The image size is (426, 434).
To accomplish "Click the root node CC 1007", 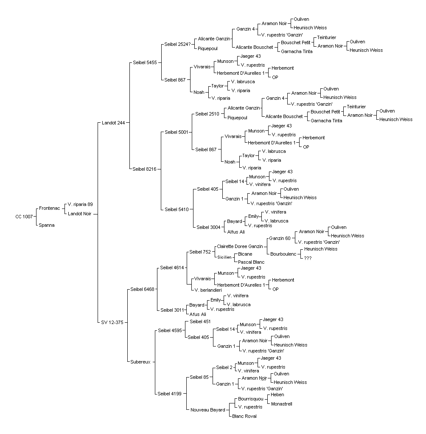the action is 24,217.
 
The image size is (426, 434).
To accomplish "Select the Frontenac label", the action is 50,208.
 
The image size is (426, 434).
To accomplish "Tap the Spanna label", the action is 47,225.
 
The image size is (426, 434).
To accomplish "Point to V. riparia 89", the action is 80,204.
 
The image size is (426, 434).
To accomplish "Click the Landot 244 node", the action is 113,123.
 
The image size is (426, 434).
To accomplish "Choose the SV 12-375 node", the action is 112,322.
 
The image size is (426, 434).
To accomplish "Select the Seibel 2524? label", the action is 178,44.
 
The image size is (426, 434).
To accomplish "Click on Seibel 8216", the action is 144,169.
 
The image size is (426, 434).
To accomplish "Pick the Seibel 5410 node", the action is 177,209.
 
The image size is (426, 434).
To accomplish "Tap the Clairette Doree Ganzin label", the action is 240,246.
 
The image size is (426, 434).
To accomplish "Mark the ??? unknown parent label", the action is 308,258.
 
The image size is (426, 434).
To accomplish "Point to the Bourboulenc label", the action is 283,254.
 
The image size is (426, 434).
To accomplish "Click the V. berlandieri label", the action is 208,290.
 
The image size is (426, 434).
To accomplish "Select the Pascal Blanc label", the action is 251,262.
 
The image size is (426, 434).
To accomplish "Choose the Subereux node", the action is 140,362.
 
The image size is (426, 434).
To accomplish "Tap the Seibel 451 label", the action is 200,321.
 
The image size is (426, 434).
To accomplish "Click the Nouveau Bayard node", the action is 208,410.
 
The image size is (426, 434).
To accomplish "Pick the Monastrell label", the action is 282,404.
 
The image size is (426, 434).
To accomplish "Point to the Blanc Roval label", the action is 244,416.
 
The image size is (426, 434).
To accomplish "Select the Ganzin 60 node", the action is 280,238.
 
